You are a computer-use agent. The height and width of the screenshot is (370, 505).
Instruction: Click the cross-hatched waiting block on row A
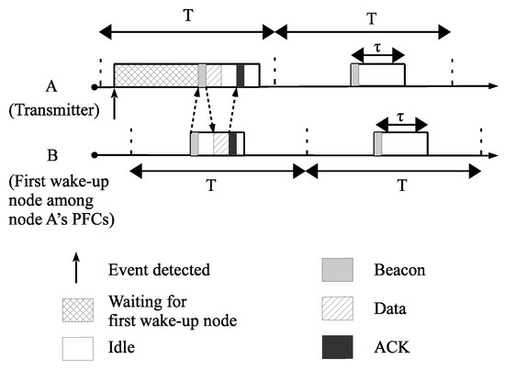[x=155, y=75]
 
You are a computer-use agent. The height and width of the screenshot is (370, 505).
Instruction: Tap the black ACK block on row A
[x=241, y=75]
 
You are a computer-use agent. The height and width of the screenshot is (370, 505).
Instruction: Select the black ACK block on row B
[x=232, y=143]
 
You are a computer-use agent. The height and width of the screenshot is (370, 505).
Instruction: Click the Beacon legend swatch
[x=335, y=271]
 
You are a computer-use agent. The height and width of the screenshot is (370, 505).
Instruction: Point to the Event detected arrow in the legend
[x=75, y=270]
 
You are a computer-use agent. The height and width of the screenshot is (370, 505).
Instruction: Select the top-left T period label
[x=187, y=16]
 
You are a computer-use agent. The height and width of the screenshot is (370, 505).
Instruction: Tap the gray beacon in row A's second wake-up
[x=354, y=75]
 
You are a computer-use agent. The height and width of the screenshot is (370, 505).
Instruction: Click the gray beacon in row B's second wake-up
[x=378, y=144]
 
